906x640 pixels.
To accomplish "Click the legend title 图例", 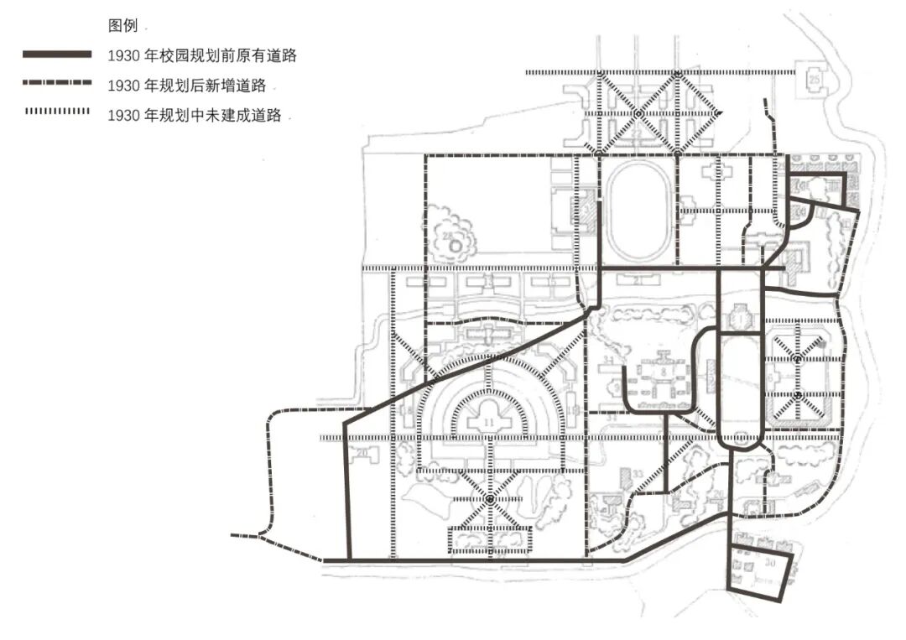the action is click(122, 26).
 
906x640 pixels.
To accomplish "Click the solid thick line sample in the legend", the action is click(57, 55).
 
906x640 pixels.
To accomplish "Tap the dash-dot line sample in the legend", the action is click(57, 84).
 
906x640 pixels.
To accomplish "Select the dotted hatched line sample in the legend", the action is click(57, 112).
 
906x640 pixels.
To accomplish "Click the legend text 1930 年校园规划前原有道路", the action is click(202, 56).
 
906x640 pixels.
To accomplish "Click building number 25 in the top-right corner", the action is click(815, 78).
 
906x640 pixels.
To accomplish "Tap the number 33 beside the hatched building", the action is click(639, 475).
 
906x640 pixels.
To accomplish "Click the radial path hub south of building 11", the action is click(489, 500).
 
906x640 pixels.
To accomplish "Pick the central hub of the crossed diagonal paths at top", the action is click(638, 113).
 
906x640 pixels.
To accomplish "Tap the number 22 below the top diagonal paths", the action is click(638, 133).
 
